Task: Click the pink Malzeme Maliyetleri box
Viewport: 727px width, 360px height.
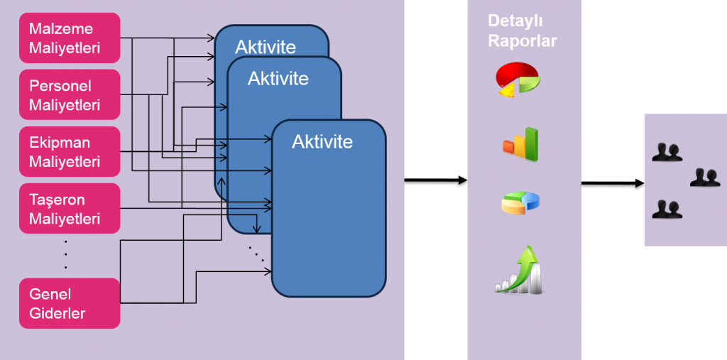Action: pos(70,38)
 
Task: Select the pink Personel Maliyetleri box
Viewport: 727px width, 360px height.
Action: pos(70,94)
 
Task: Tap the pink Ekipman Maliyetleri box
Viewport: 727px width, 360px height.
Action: pos(70,151)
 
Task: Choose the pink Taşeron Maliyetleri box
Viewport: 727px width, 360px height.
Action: pos(70,208)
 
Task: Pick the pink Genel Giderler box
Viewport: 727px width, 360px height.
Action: pos(70,303)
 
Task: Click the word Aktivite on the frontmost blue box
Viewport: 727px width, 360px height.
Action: pos(322,141)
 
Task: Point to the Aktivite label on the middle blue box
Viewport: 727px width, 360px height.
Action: pos(278,78)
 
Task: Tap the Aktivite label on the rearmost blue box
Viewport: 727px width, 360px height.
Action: pos(265,47)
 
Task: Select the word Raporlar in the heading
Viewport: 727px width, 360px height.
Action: pos(522,40)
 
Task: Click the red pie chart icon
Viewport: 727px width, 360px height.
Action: pos(518,79)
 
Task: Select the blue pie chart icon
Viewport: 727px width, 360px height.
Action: pos(520,202)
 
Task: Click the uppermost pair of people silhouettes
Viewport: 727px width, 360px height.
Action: pos(667,152)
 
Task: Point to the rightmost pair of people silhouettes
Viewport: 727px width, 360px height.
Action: pos(705,178)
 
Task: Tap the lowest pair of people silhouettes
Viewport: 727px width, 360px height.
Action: pos(667,209)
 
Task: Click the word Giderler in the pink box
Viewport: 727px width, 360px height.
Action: pos(57,312)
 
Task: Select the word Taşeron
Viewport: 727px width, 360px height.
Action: pos(57,200)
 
